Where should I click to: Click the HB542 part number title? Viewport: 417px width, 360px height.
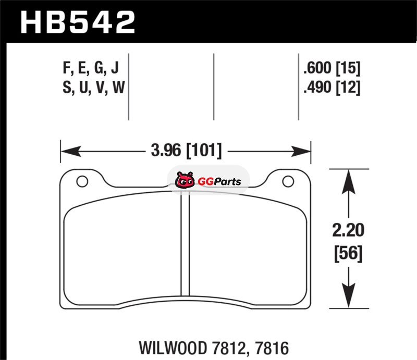coord(78,22)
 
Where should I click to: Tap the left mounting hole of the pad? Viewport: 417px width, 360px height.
coord(82,181)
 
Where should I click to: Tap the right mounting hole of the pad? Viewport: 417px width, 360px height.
coord(288,181)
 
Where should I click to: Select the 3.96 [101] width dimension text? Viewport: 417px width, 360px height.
coord(186,151)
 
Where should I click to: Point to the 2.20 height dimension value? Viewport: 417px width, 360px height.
coord(348,230)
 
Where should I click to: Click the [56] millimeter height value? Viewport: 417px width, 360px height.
coord(348,253)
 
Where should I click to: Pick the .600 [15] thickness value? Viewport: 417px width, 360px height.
coord(332,68)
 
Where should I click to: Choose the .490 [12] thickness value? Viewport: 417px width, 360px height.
coord(332,88)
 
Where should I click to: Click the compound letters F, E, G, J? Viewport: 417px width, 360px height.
coord(91,68)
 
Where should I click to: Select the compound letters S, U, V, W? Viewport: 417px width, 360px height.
coord(94,88)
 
